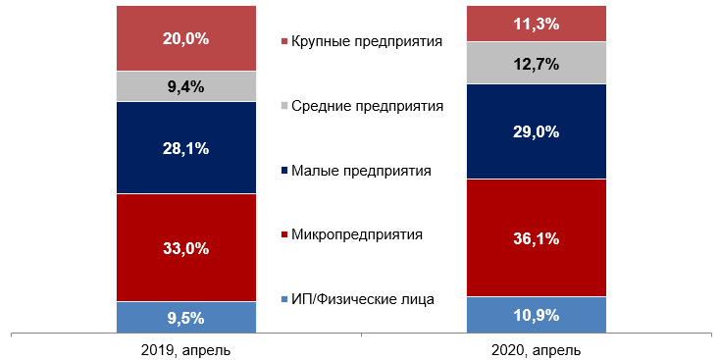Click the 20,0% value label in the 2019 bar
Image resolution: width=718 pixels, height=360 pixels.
(x=185, y=39)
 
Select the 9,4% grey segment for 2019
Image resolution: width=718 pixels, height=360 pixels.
(x=185, y=86)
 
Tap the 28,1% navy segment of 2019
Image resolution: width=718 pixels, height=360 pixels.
(x=185, y=148)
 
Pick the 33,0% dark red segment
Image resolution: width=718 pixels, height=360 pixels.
(x=185, y=248)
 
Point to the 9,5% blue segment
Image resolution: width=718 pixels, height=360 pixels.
(x=185, y=317)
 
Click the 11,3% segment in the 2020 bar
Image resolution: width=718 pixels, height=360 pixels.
(x=536, y=24)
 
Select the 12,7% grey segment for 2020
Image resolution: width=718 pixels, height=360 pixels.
(x=536, y=64)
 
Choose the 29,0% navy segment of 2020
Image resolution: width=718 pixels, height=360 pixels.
(x=536, y=130)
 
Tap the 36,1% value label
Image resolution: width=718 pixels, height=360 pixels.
(x=536, y=238)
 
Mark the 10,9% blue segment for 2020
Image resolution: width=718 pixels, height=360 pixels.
(x=536, y=315)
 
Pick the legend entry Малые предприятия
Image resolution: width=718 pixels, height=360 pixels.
(x=361, y=171)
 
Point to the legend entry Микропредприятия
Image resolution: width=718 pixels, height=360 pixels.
(x=357, y=234)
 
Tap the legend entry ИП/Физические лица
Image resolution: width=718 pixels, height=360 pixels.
(x=362, y=299)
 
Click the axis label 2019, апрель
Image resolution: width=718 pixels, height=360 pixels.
(x=185, y=349)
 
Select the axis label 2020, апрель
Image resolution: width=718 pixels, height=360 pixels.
(x=536, y=349)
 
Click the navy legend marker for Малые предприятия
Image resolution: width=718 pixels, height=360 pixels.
(x=284, y=172)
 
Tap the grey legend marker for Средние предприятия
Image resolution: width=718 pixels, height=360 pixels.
(x=284, y=107)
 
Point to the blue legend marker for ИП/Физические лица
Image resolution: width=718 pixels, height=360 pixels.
(x=284, y=300)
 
